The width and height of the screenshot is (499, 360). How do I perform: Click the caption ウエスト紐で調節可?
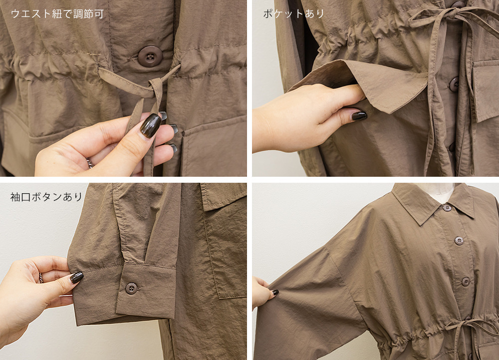[x=57, y=14]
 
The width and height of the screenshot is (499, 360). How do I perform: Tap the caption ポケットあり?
[x=294, y=13]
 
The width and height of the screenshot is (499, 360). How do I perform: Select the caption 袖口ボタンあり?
[x=46, y=197]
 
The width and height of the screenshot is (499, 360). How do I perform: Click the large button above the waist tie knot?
[x=150, y=56]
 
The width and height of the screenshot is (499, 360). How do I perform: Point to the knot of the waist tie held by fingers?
[x=156, y=87]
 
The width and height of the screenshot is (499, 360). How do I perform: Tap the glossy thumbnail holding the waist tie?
[x=151, y=125]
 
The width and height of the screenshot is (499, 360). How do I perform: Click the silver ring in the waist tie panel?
[x=90, y=163]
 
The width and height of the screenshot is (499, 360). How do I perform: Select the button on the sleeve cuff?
[x=131, y=288]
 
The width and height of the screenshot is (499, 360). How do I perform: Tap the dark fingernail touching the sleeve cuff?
[x=76, y=277]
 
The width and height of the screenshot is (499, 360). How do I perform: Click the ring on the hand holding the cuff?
[x=41, y=278]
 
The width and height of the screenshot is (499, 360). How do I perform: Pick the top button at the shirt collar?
[x=447, y=208]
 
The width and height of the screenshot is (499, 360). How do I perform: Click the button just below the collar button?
[x=459, y=240]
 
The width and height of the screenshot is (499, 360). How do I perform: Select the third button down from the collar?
[x=466, y=282]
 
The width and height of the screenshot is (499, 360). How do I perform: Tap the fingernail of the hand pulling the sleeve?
[x=275, y=292]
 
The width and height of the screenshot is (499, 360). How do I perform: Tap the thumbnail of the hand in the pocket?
[x=359, y=115]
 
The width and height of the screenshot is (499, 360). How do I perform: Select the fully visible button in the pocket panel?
[x=454, y=84]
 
